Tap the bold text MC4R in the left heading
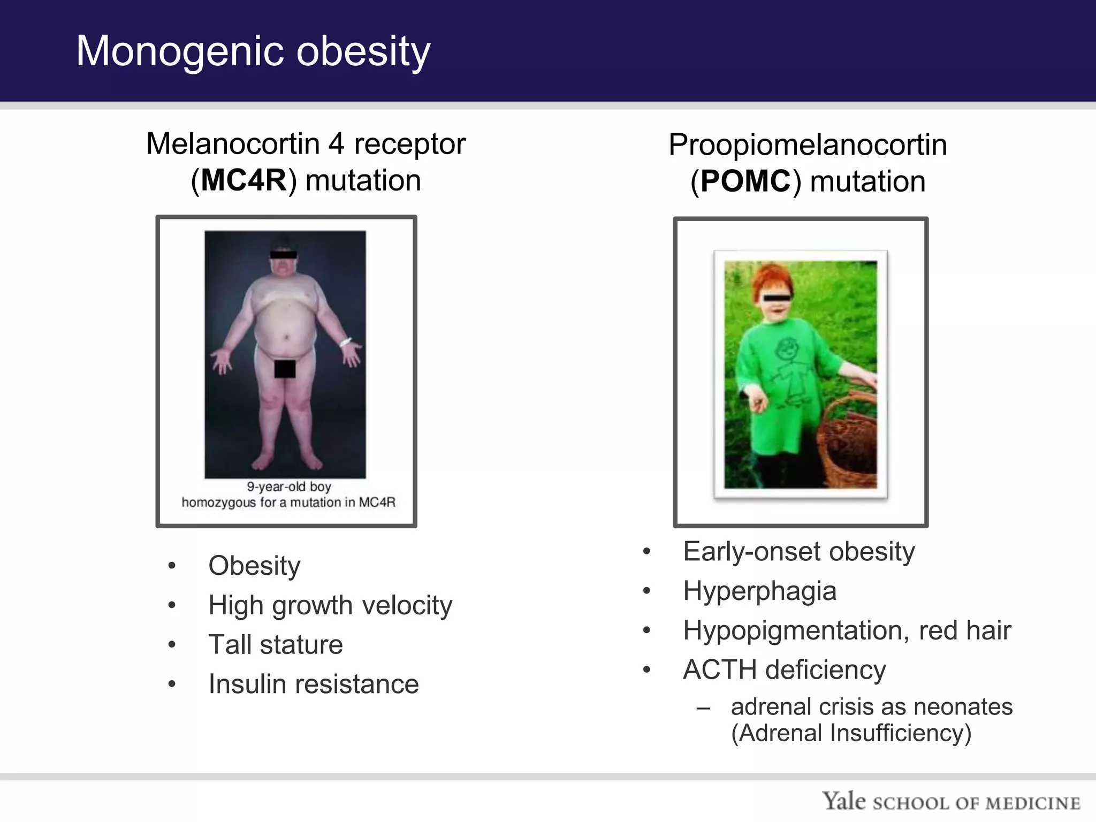point(244,180)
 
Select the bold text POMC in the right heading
point(745,181)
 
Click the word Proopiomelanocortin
point(808,145)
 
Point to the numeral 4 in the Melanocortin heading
point(336,144)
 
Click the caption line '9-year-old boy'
point(288,486)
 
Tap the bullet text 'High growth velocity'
point(330,605)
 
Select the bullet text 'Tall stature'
point(276,644)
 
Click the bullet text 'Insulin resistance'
point(314,684)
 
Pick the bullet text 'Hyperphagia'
point(759,591)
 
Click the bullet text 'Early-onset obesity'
point(798,552)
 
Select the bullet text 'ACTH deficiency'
point(784,669)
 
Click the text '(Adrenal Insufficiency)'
point(851,733)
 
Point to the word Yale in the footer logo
point(843,801)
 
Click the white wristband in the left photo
point(345,342)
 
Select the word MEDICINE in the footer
point(1033,803)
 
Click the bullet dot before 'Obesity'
point(171,566)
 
